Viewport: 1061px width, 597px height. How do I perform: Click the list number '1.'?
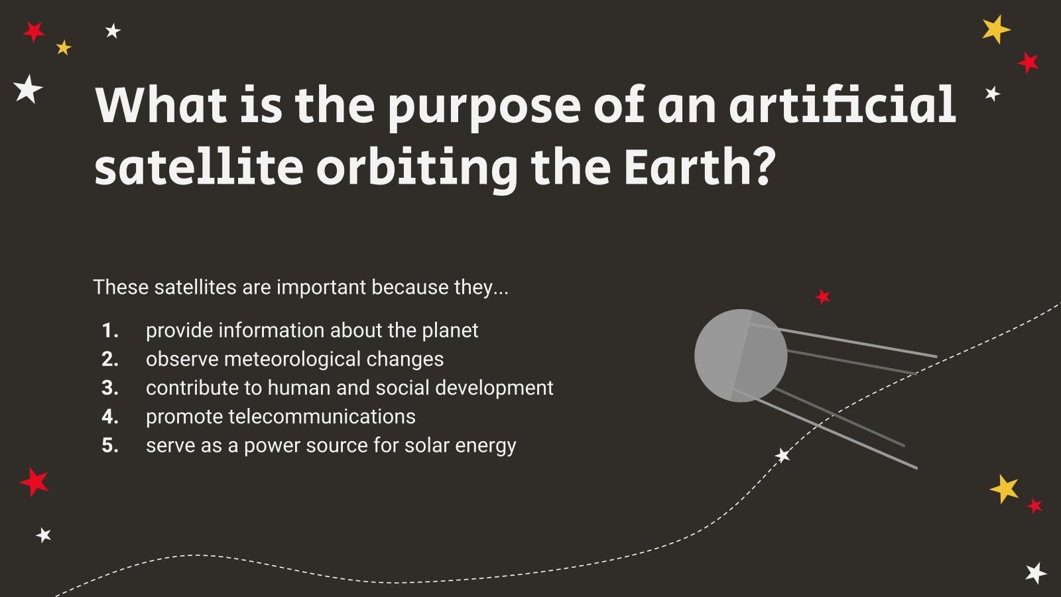[110, 330]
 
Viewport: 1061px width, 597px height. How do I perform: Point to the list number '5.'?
[110, 446]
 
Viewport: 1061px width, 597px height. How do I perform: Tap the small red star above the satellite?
[823, 297]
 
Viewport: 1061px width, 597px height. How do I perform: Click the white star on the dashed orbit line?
[783, 456]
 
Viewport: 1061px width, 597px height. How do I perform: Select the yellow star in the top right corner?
[995, 29]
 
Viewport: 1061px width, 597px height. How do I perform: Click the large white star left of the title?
[28, 89]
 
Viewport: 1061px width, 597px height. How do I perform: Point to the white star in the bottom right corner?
[1035, 573]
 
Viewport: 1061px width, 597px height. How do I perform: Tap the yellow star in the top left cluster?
[63, 47]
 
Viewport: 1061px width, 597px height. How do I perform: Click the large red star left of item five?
[34, 482]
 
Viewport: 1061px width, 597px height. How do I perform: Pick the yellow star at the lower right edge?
[1005, 489]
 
